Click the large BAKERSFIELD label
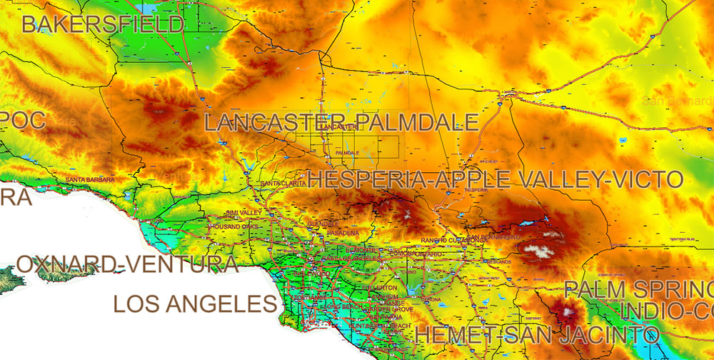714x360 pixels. tap(102, 24)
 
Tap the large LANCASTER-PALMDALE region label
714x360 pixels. tap(341, 121)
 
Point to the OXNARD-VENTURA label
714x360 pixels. tap(127, 264)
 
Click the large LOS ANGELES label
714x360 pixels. tap(195, 304)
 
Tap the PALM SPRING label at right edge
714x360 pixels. tap(638, 290)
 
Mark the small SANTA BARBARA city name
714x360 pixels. tap(89, 179)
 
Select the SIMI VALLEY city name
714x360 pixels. tap(243, 213)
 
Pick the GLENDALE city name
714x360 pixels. tap(322, 224)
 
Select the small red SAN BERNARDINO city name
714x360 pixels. tap(494, 236)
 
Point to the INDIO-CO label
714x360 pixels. tap(666, 311)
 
